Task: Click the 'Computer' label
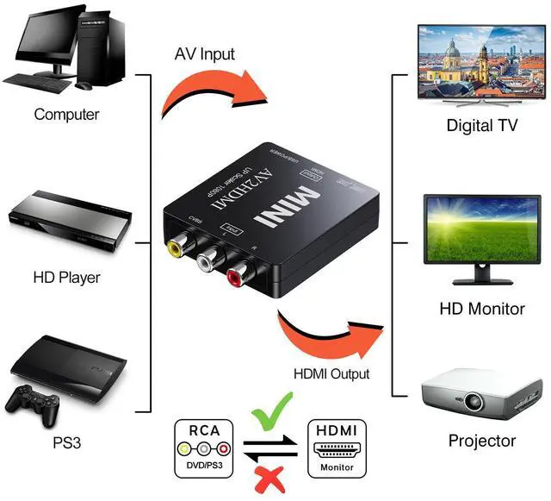66,114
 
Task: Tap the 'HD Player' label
66,278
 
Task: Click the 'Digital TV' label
482,125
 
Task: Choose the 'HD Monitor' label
482,308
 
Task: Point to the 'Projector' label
482,442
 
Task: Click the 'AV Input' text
205,54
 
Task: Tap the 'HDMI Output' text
331,374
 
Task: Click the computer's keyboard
43,85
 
